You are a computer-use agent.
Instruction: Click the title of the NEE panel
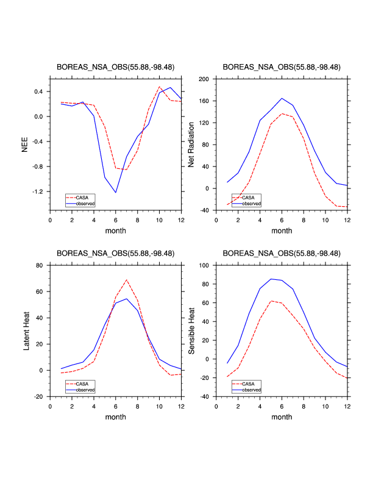click(x=116, y=67)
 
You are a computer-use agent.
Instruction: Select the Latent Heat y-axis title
click(x=26, y=331)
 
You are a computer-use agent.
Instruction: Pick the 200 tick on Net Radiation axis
click(x=204, y=79)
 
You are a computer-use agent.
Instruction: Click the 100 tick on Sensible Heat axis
click(x=204, y=265)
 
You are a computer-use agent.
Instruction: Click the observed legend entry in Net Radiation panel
click(x=250, y=203)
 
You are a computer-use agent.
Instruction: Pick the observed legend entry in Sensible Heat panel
click(x=250, y=389)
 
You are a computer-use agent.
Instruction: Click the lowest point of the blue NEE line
click(x=116, y=193)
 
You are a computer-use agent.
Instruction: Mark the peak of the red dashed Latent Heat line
click(x=127, y=280)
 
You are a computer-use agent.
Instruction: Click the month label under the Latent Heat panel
click(x=116, y=417)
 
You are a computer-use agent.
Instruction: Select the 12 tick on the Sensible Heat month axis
click(x=347, y=406)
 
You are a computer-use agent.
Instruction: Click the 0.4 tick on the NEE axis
click(x=39, y=91)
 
